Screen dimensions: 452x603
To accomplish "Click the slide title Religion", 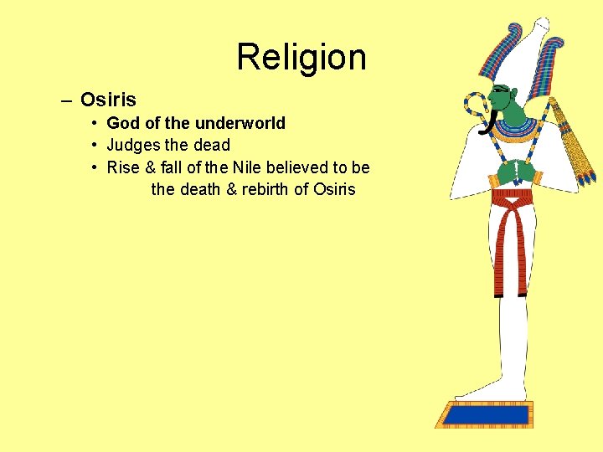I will (301, 58).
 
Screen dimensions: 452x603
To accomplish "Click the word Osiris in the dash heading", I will (108, 100).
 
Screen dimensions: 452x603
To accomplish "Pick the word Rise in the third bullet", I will (123, 167).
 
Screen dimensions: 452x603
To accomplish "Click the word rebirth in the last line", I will (265, 189).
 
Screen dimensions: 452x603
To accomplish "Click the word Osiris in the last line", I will (334, 189).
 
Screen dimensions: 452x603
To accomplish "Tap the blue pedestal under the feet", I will (486, 413).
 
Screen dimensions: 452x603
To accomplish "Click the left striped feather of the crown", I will (494, 54).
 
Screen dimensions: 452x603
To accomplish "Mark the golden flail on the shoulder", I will (578, 146).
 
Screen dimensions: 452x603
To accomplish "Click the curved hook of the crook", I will (476, 105).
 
